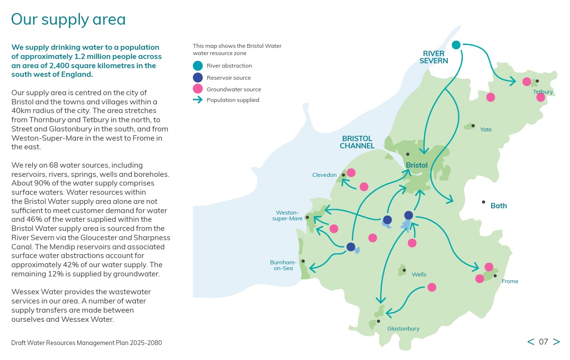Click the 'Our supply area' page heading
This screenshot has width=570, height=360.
[68, 19]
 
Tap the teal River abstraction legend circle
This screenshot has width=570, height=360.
[198, 66]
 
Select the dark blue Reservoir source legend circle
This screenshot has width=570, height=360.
[198, 77]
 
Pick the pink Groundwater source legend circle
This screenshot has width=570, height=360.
[198, 89]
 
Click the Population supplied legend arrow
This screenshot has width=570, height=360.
[198, 100]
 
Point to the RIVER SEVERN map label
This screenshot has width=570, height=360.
[434, 57]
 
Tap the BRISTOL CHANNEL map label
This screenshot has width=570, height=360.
[357, 142]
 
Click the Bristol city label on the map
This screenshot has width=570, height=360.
[417, 165]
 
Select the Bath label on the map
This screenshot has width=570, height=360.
[499, 205]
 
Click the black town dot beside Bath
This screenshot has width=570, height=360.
[483, 202]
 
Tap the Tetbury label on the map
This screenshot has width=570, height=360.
[543, 92]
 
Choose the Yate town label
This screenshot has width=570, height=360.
[486, 130]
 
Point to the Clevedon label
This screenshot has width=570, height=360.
[324, 175]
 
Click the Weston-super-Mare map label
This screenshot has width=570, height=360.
[288, 216]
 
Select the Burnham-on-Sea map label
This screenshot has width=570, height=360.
[283, 265]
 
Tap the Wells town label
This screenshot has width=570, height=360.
[419, 274]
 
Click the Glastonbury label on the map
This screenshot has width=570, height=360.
[403, 329]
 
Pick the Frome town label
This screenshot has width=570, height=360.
[510, 281]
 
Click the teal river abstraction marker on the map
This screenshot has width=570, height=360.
[456, 45]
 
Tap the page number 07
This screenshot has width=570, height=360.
[543, 342]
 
